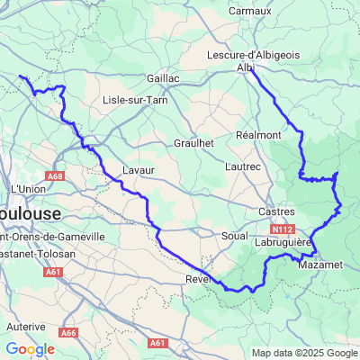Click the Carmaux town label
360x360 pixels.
pyautogui.click(x=249, y=11)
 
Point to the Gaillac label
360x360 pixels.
pyautogui.click(x=163, y=78)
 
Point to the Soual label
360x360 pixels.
pyautogui.click(x=233, y=235)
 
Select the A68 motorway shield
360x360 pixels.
pyautogui.click(x=56, y=177)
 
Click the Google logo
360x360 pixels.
pyautogui.click(x=30, y=349)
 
